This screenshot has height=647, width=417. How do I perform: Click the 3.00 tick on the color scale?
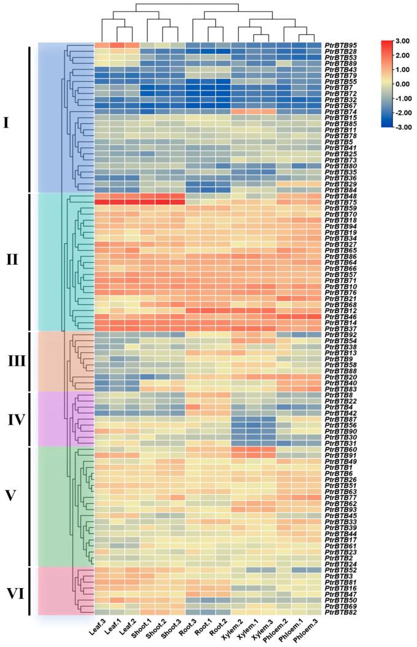coord(402,41)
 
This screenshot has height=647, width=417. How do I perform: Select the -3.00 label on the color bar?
coord(402,126)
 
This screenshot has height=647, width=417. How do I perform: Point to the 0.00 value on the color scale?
coord(402,83)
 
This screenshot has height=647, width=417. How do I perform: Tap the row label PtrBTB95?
coord(342,45)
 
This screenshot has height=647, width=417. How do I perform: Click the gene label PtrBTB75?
coord(342,203)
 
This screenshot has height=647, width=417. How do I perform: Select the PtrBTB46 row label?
coord(342,316)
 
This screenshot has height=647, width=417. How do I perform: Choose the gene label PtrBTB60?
coord(342,450)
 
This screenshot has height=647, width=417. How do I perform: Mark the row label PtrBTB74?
coord(342,111)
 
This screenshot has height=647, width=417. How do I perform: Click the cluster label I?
coord(7,123)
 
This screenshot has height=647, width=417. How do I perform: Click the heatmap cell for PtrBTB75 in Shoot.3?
coord(177,203)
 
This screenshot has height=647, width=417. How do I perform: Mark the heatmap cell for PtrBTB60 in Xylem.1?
coord(253,450)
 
